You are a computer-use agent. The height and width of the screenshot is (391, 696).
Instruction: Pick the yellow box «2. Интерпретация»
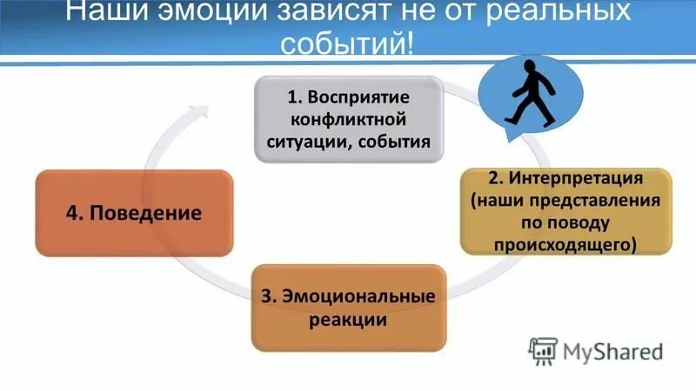click(x=565, y=211)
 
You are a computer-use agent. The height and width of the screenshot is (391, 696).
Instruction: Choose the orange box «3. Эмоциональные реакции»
click(x=347, y=308)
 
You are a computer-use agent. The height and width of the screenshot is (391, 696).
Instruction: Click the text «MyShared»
click(x=612, y=351)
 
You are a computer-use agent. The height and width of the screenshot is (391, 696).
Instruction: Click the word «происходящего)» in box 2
click(x=565, y=245)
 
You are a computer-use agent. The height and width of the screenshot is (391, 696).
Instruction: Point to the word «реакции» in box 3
click(x=347, y=319)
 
